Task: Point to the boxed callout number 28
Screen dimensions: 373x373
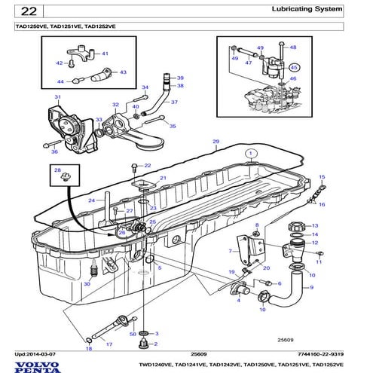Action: (x=56, y=173)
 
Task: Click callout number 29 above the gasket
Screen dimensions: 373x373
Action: (x=216, y=142)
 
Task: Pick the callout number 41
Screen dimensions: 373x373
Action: (x=105, y=54)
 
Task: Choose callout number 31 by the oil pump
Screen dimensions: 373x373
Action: (x=57, y=98)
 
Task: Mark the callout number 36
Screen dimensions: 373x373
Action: (x=54, y=151)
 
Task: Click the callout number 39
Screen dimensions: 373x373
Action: (x=180, y=78)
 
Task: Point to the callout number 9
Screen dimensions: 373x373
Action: (x=311, y=288)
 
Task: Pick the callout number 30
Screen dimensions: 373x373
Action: (x=87, y=284)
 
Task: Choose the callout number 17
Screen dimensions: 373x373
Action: (x=109, y=344)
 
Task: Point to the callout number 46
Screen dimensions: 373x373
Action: (x=294, y=78)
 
